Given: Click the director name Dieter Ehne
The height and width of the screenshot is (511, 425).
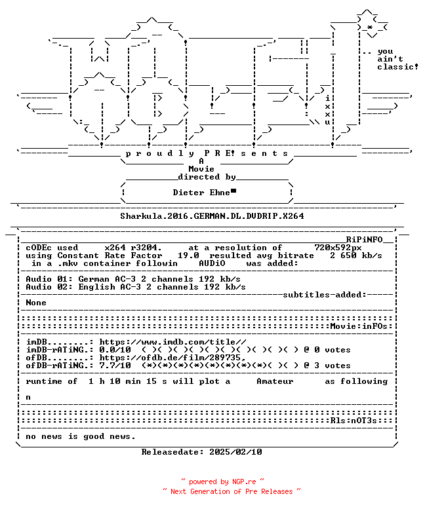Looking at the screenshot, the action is tap(201, 193).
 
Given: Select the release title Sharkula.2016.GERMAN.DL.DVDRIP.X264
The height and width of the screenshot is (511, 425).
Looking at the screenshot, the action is tap(212, 216).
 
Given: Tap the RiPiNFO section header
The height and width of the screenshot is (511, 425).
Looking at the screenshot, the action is tap(364, 240).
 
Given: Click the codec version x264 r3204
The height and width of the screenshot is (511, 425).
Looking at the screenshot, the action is tap(133, 248).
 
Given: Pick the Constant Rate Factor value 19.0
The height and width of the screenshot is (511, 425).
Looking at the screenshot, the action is tap(188, 255).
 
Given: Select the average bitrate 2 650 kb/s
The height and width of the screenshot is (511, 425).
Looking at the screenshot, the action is tap(356, 255).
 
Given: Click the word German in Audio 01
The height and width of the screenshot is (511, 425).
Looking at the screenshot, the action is tap(94, 279).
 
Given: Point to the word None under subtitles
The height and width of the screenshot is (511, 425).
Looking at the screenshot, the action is tap(36, 303).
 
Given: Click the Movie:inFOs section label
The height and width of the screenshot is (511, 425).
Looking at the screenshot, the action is tap(359, 326).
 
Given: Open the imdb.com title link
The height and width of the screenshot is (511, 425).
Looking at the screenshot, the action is tap(173, 342).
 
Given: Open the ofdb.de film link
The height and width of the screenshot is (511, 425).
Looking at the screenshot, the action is tap(172, 358).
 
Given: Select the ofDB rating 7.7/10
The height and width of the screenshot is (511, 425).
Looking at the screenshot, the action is tap(115, 366).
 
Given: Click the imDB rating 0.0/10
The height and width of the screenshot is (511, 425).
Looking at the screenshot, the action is tap(115, 350).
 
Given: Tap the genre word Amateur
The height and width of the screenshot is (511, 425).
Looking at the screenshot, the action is tap(275, 381).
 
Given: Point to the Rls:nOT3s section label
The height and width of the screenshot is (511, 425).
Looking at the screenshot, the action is tap(354, 421).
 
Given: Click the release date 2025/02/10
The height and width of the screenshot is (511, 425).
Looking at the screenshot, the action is tap(235, 452).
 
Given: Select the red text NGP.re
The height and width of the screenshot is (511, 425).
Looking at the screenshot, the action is tap(244, 482).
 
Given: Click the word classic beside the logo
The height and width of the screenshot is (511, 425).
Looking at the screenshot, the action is tap(395, 67).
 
